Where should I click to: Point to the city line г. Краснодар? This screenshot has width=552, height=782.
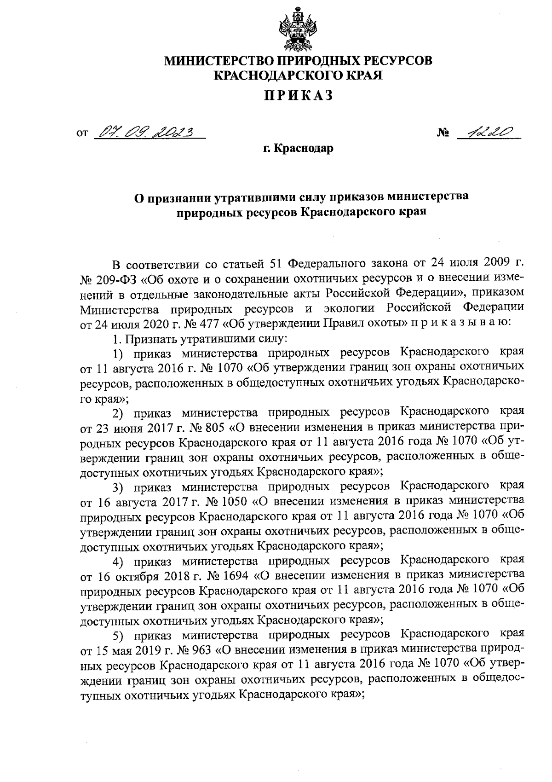pyautogui.click(x=298, y=149)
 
